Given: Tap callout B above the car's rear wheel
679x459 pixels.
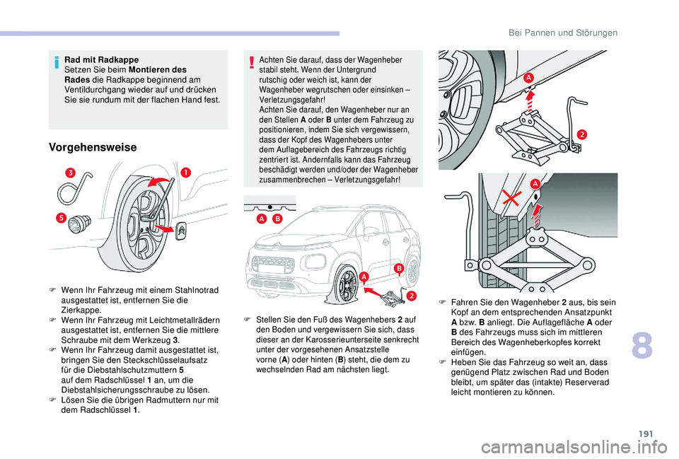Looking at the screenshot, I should click(398, 267).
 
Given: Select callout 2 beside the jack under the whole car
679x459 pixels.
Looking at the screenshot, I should click(410, 296).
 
